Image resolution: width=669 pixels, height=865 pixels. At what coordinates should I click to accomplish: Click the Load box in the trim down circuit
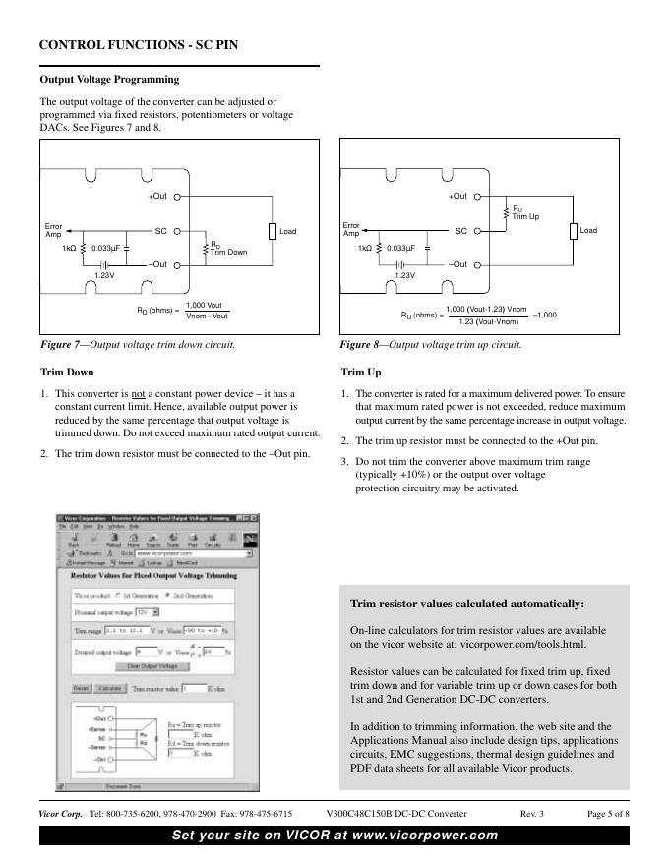[x=273, y=231]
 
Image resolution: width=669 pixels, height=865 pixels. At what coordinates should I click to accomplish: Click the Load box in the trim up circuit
[x=573, y=231]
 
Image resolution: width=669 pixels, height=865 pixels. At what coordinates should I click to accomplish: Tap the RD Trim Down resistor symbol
[x=205, y=248]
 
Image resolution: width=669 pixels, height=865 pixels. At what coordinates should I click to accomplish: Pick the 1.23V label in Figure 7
[x=104, y=276]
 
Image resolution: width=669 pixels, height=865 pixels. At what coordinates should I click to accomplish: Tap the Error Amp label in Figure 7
[x=53, y=229]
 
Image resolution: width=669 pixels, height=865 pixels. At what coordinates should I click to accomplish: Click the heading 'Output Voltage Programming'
[x=108, y=79]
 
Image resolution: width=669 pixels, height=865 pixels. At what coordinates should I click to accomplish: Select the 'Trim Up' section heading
[x=360, y=373]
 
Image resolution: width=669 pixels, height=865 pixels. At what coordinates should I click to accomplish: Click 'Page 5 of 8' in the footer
[x=608, y=814]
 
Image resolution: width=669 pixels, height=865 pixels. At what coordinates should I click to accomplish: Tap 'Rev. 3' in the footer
[x=531, y=814]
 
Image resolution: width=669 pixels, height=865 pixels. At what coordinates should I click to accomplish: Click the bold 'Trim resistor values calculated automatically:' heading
[x=467, y=604]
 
